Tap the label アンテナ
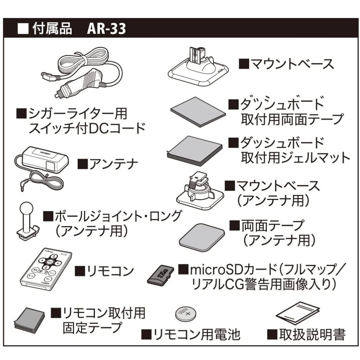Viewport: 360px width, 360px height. (x=108, y=165)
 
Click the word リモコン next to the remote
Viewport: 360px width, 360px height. (x=104, y=270)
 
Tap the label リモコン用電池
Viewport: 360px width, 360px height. (x=191, y=335)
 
